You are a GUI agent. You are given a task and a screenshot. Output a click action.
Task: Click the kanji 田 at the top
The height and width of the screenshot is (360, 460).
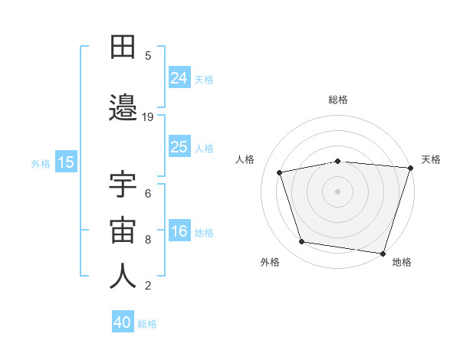point(123,47)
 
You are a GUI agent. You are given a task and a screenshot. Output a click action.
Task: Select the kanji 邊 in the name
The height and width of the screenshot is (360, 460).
point(123,107)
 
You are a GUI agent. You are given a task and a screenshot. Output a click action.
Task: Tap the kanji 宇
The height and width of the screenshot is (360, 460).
point(123,184)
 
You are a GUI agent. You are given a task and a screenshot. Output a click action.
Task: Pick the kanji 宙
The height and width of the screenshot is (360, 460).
point(123,230)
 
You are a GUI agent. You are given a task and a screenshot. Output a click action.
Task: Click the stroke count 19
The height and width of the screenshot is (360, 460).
point(147,117)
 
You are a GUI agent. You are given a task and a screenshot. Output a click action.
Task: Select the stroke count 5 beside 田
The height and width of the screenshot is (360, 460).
point(148,56)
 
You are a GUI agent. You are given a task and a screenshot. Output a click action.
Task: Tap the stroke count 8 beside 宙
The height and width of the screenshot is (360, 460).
point(148,240)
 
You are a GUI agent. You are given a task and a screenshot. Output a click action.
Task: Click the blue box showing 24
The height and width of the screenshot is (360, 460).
point(179,77)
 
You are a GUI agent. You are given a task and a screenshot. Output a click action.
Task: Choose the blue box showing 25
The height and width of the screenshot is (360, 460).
point(179,146)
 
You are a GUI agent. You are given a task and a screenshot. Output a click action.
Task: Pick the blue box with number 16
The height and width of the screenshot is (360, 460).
point(179,230)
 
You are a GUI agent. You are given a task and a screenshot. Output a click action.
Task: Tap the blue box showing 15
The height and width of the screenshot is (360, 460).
point(66,162)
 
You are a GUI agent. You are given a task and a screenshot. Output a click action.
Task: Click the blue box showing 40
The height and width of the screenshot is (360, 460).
point(123,321)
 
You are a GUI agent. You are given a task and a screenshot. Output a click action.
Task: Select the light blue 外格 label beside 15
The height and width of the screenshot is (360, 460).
point(41,164)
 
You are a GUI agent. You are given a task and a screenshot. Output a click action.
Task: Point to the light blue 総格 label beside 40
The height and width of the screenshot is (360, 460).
point(147,324)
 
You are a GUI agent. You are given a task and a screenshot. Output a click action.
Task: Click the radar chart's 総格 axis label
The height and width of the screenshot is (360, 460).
point(338,100)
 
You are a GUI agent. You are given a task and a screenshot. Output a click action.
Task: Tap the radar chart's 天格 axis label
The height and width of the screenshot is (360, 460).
point(431,159)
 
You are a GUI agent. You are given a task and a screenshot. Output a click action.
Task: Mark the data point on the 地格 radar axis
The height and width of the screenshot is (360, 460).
point(383,254)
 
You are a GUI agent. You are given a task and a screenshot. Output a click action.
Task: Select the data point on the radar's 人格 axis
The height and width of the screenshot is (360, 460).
point(280,172)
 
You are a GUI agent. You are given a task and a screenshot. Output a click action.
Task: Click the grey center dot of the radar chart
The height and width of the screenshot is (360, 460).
point(337,191)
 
